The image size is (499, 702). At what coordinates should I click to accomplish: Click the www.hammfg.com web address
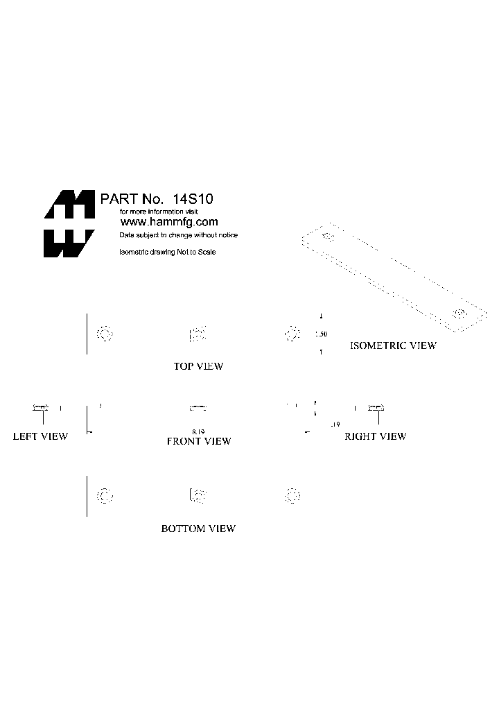(169, 222)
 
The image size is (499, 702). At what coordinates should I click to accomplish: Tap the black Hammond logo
(69, 223)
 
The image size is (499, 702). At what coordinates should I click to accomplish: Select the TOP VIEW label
(198, 366)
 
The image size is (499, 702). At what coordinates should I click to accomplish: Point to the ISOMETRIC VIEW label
(393, 345)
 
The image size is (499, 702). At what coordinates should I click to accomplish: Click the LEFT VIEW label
(40, 436)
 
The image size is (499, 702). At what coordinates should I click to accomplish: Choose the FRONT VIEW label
(199, 441)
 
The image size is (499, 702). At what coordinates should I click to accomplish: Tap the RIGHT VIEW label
(375, 436)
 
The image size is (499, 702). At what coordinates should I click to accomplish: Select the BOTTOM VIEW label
(198, 529)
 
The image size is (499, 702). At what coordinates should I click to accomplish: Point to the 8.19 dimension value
(199, 431)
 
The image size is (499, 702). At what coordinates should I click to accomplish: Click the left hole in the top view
(104, 334)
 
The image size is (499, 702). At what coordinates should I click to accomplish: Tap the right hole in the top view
(292, 334)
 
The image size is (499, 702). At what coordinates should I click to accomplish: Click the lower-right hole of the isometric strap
(458, 314)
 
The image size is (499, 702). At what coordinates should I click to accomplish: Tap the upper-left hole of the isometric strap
(328, 238)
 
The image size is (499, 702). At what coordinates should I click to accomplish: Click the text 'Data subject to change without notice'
(179, 236)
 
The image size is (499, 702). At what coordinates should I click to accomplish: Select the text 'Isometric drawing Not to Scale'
(168, 252)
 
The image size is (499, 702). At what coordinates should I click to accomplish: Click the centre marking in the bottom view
(198, 495)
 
